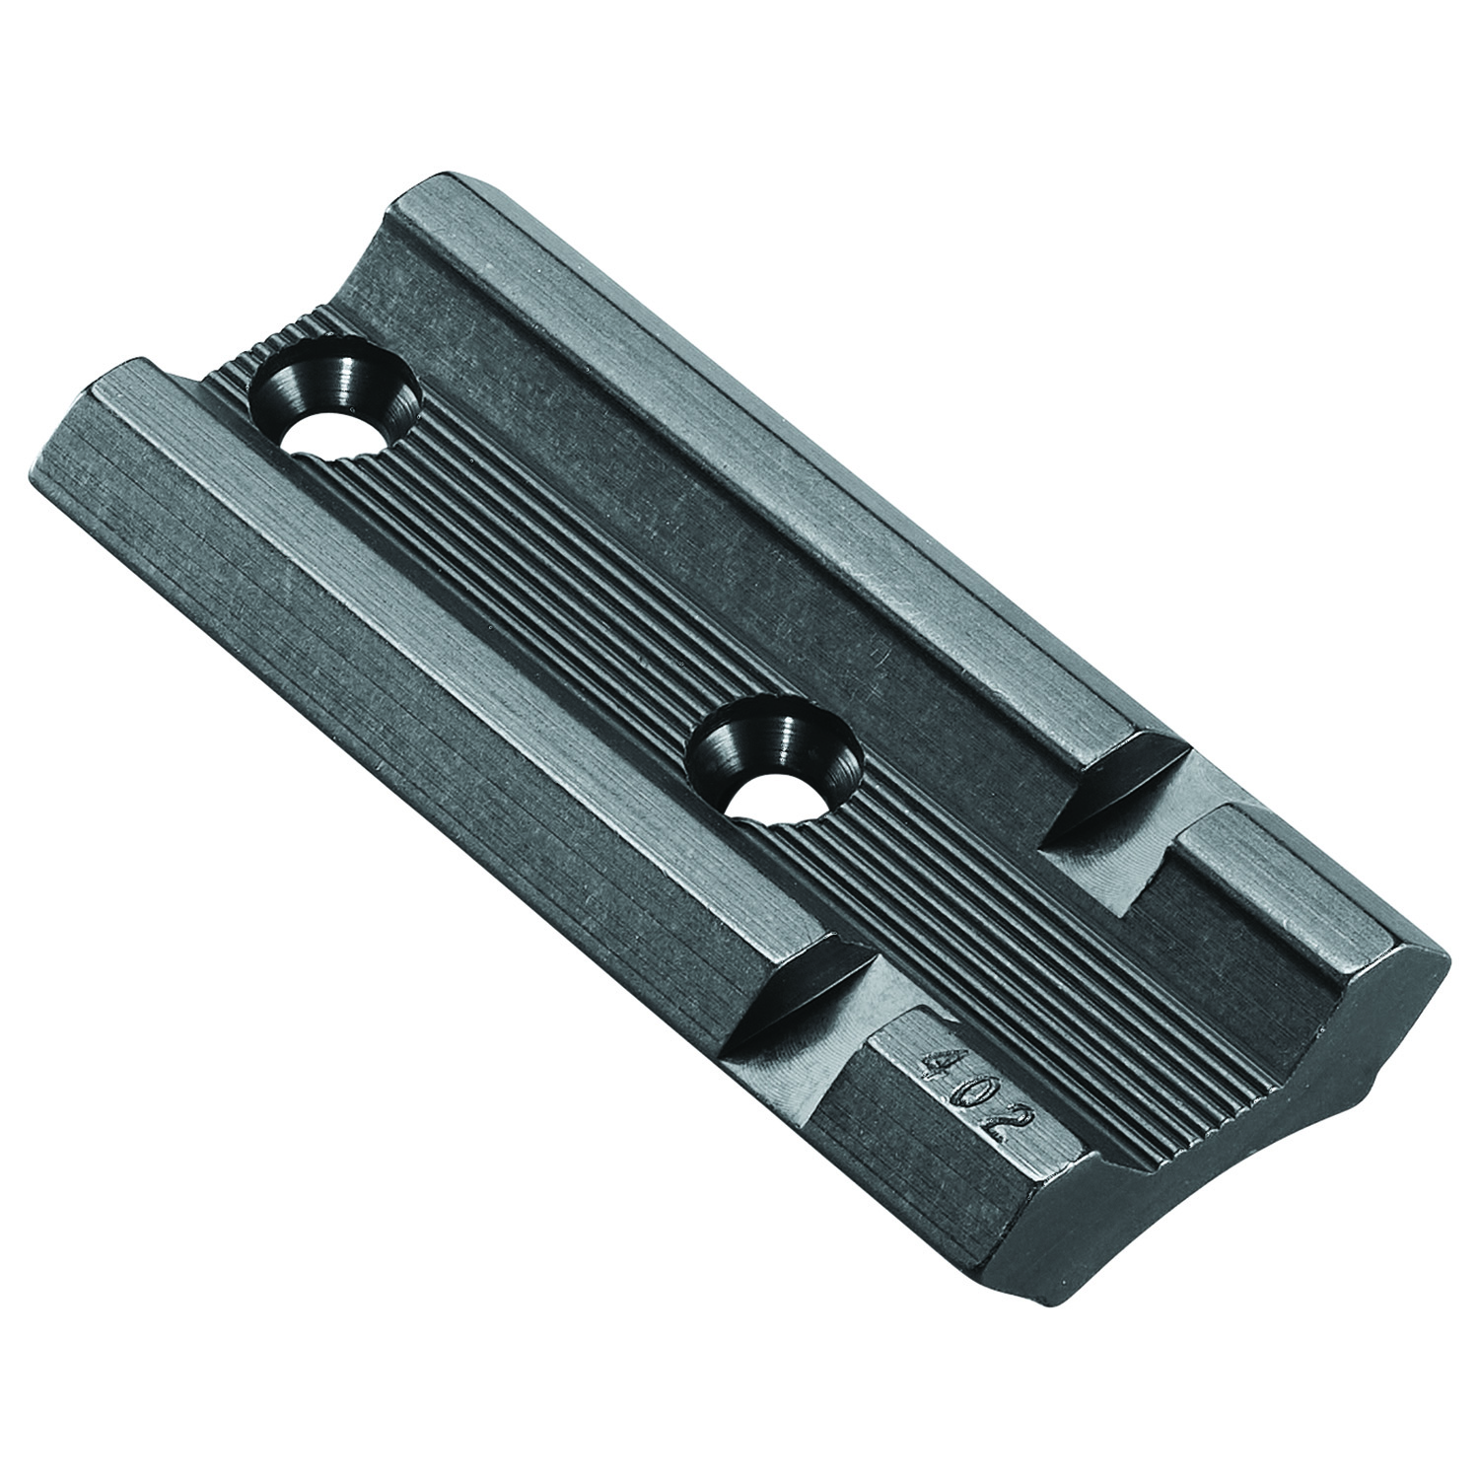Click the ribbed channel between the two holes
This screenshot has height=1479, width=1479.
pos(552,592)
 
